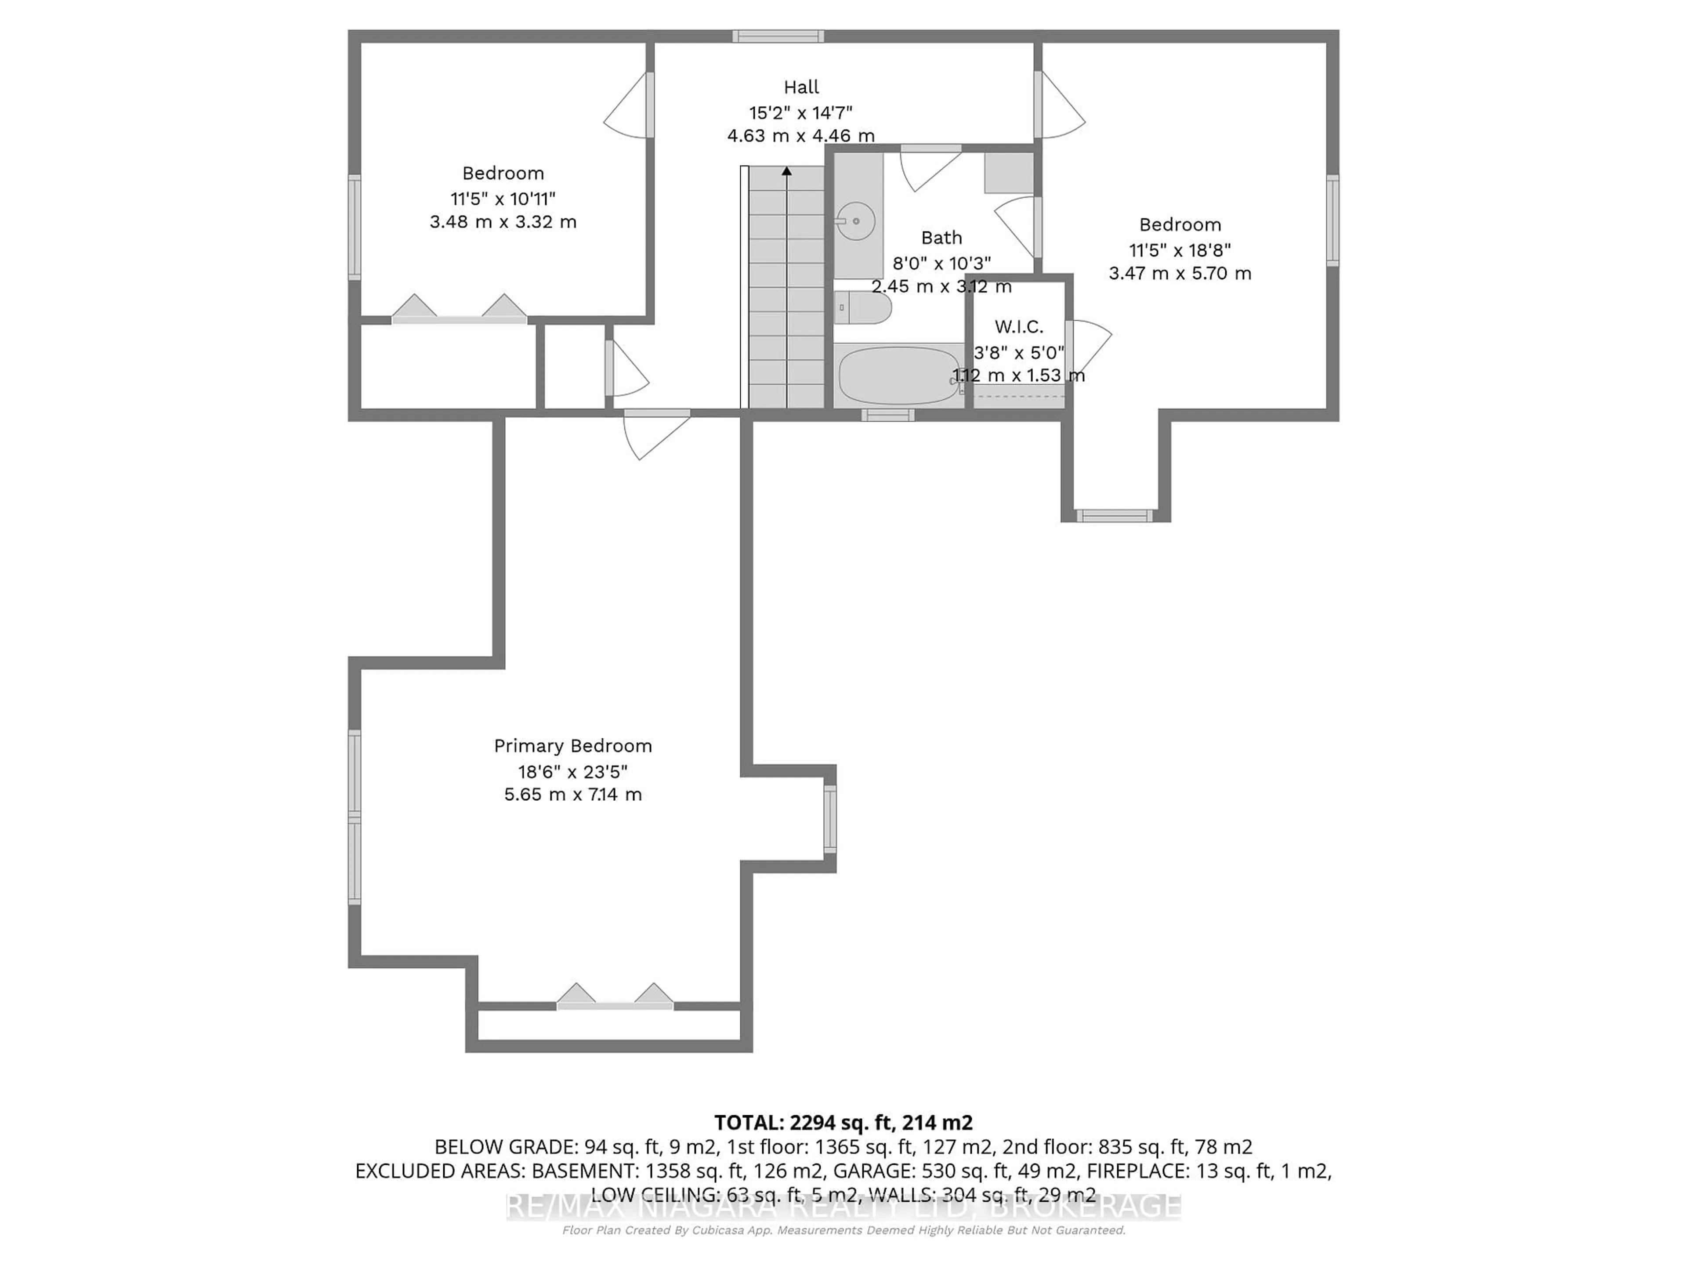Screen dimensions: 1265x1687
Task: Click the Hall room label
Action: pyautogui.click(x=801, y=87)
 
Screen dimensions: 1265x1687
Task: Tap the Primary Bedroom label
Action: pyautogui.click(x=573, y=746)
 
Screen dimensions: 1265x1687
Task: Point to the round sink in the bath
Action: pyautogui.click(x=856, y=221)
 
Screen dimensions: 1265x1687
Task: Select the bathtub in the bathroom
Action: pyautogui.click(x=898, y=375)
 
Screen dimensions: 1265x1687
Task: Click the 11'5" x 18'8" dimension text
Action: pyautogui.click(x=1180, y=249)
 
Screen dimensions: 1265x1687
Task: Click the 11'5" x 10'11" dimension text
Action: pyautogui.click(x=503, y=198)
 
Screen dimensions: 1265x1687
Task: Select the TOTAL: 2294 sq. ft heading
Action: pyautogui.click(x=843, y=1122)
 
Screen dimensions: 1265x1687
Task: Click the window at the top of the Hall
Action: pyautogui.click(x=778, y=36)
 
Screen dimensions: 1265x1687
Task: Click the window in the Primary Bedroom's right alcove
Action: pyautogui.click(x=830, y=819)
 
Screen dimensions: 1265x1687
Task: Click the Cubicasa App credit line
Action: pyautogui.click(x=843, y=1230)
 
